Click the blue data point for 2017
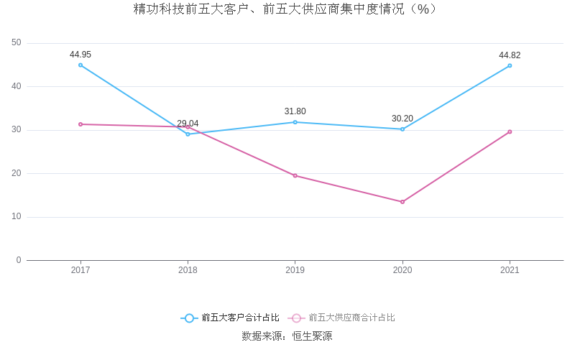click(80, 65)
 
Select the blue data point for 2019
click(295, 122)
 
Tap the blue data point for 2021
click(510, 65)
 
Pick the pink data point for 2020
click(402, 202)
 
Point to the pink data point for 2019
click(295, 175)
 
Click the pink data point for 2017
click(80, 124)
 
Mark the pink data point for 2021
click(510, 131)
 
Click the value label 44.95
click(80, 55)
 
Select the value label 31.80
click(295, 111)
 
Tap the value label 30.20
click(402, 119)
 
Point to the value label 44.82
click(510, 55)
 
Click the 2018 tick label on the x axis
click(188, 270)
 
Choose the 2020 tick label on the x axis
click(402, 270)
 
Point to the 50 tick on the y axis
click(17, 43)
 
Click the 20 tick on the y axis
click(17, 173)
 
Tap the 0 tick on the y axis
click(19, 260)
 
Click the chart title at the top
click(285, 9)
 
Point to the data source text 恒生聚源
click(312, 336)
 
